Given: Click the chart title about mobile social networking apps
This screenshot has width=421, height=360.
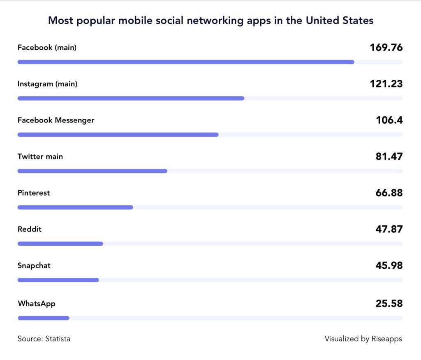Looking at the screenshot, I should pyautogui.click(x=210, y=20).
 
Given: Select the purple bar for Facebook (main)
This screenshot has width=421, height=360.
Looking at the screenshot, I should pyautogui.click(x=185, y=62).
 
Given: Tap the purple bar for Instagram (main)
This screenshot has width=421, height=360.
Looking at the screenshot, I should pyautogui.click(x=131, y=98).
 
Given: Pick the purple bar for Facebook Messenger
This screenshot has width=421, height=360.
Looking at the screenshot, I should pyautogui.click(x=118, y=134).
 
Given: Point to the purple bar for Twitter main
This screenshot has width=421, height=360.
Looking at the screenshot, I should pyautogui.click(x=92, y=171).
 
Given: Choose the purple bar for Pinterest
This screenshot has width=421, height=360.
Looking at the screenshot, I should pyautogui.click(x=75, y=207).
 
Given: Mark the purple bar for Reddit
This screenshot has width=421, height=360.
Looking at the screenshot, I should pyautogui.click(x=60, y=244).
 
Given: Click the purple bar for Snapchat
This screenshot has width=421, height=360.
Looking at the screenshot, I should pyautogui.click(x=58, y=280).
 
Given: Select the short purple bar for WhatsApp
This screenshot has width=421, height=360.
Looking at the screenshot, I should pyautogui.click(x=44, y=318).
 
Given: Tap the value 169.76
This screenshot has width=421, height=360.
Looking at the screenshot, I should pyautogui.click(x=386, y=48).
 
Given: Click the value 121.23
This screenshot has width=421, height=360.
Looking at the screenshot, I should pyautogui.click(x=386, y=84).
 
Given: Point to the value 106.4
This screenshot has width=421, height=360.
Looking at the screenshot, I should pyautogui.click(x=389, y=120).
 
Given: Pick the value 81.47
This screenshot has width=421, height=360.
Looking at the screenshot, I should pyautogui.click(x=389, y=157).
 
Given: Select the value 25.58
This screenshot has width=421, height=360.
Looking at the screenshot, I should pyautogui.click(x=389, y=304).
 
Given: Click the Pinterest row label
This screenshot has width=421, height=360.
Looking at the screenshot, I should pyautogui.click(x=34, y=193).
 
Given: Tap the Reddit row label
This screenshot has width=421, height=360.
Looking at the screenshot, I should pyautogui.click(x=30, y=229).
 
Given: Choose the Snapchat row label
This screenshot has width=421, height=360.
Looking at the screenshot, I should pyautogui.click(x=34, y=265).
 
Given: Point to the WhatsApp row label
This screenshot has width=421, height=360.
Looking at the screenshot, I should pyautogui.click(x=37, y=304).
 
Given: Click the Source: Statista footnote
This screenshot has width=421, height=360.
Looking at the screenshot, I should pyautogui.click(x=44, y=339).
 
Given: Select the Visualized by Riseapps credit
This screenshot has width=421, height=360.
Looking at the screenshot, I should pyautogui.click(x=363, y=339).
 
